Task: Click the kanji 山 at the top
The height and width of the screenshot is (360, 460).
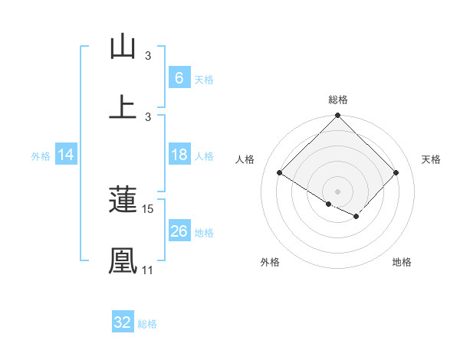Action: pos(123,47)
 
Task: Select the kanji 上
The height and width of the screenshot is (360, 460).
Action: pos(123,106)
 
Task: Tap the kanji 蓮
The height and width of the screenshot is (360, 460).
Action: pos(123,200)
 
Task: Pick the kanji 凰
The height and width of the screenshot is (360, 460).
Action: pos(123,260)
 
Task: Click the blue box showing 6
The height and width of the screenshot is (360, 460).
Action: pos(179,78)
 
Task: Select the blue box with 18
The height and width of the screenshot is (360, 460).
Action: pos(179,155)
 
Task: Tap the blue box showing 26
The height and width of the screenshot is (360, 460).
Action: pos(179,231)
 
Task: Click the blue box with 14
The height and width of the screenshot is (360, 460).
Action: pos(66,155)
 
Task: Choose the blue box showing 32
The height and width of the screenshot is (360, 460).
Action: pos(123,322)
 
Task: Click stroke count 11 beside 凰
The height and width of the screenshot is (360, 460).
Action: pos(147,270)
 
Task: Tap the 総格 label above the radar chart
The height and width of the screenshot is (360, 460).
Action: pos(338,100)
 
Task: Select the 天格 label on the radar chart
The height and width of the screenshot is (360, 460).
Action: pos(432,159)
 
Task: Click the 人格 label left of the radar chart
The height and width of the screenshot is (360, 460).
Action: pos(245,159)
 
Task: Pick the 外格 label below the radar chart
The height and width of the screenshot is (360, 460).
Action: pos(270,262)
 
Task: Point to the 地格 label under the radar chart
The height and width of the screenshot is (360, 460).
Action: pos(402,262)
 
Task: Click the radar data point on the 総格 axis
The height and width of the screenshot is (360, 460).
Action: pos(338,116)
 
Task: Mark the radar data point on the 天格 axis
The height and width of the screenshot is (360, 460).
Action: pos(396,173)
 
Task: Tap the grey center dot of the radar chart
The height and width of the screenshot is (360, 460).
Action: pos(338,191)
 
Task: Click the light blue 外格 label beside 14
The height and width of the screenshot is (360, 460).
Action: pos(41,156)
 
